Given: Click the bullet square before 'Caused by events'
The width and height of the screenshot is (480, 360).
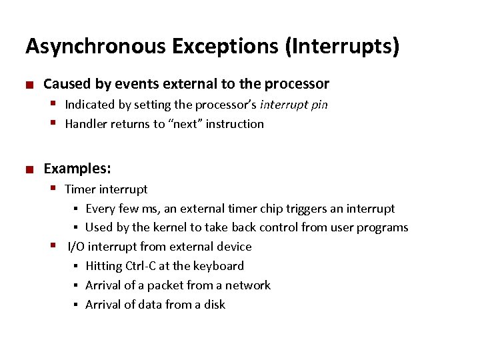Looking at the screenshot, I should [29, 85].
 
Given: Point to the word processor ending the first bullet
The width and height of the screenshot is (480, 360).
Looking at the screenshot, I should [297, 84].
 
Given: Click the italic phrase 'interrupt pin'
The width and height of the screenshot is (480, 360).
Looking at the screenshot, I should [294, 105].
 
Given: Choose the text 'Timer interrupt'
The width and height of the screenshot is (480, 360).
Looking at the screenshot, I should [106, 189].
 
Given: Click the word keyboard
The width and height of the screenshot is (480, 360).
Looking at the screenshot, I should [218, 266].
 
